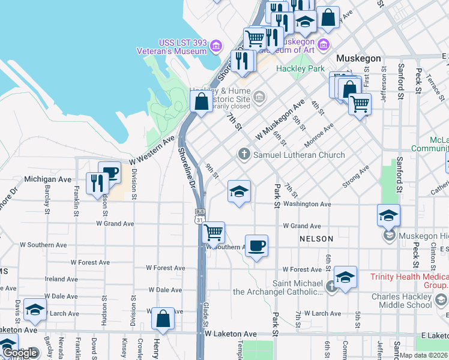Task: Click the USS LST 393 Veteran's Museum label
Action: (x=182, y=47)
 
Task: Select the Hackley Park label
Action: (x=300, y=68)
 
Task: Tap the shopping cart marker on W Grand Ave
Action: (x=214, y=232)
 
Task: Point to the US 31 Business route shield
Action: (x=200, y=217)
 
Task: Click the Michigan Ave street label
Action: (x=48, y=179)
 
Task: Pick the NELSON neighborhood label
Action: (x=316, y=239)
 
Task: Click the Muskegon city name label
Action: (x=359, y=58)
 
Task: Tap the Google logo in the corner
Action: (x=20, y=353)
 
